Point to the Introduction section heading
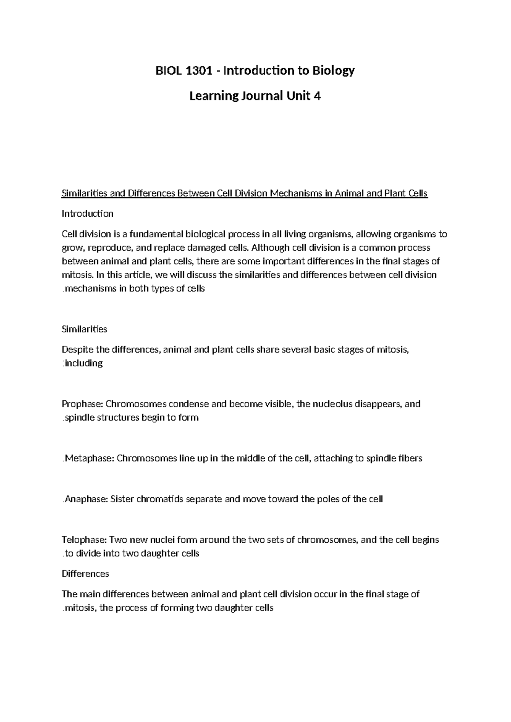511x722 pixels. tap(87, 214)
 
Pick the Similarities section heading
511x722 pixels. tap(84, 329)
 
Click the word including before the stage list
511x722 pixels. tap(83, 364)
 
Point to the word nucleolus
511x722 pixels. tap(333, 404)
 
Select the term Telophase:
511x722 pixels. tap(84, 540)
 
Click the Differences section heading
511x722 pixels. tap(85, 574)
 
